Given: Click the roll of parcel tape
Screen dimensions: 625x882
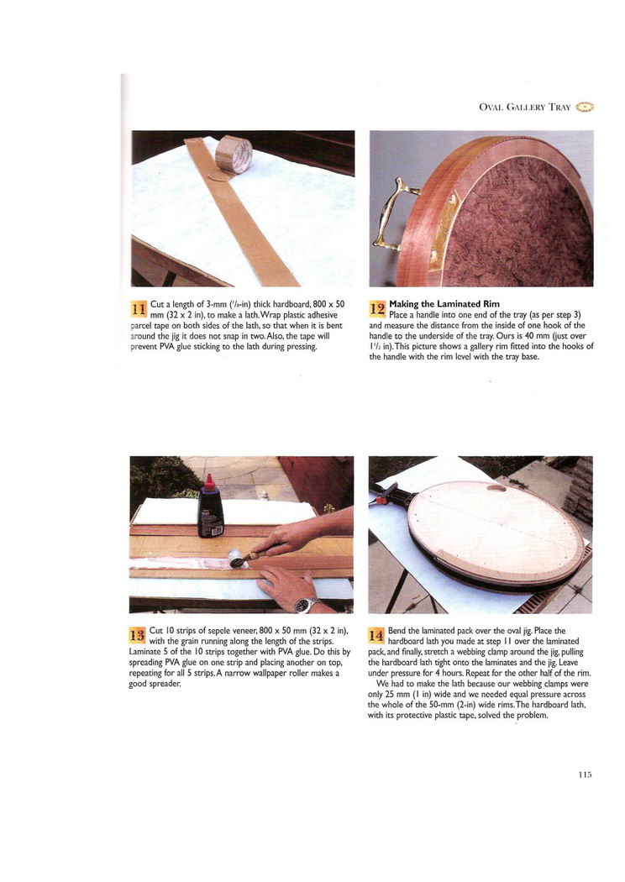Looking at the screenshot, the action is tap(234, 154).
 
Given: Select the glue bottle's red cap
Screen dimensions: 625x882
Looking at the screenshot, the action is tap(209, 482).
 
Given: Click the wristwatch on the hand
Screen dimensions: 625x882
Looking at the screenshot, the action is tap(303, 606).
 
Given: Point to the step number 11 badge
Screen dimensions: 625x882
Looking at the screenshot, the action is tap(139, 309).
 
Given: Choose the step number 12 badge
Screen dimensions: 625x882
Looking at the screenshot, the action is tap(377, 308).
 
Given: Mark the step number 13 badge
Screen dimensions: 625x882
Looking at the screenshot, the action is tap(137, 636).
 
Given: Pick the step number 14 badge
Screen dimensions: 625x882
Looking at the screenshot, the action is tap(376, 636).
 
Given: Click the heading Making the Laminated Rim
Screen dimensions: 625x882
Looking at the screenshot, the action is tap(444, 304).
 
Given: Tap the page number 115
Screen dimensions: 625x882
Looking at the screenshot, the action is tap(585, 774).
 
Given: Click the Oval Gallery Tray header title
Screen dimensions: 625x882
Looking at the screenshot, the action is tap(525, 107).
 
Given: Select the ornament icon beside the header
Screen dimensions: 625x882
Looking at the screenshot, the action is tap(586, 107).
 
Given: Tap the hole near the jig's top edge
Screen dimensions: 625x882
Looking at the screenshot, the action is tap(496, 488).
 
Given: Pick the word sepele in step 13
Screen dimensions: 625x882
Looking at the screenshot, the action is tap(213, 631).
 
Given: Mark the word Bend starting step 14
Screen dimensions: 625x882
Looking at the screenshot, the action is tap(397, 631).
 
